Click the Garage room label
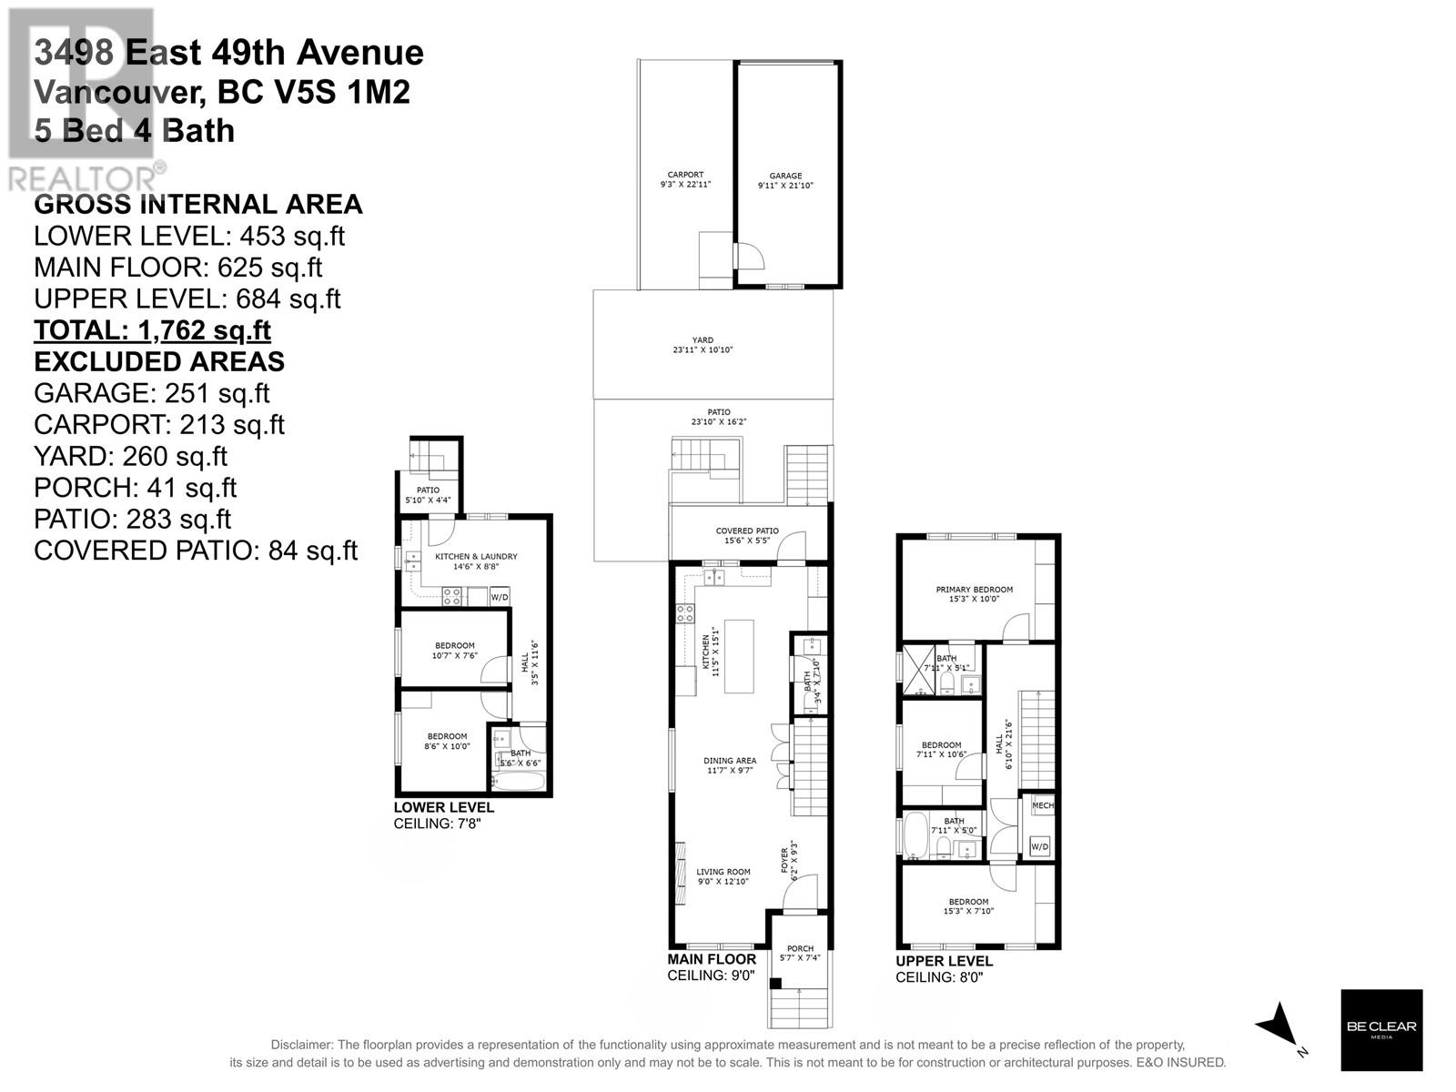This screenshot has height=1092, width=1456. (x=785, y=180)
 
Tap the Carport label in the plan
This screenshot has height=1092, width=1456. (x=685, y=179)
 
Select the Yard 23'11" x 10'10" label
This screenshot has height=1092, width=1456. (x=703, y=345)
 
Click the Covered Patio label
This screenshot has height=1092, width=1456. (x=747, y=536)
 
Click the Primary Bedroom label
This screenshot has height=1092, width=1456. (x=974, y=594)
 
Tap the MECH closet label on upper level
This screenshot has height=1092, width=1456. (x=1042, y=805)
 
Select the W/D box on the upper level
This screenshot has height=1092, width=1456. (x=1039, y=846)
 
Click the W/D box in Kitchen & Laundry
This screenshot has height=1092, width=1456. (x=500, y=598)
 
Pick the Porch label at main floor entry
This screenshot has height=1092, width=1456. (x=800, y=954)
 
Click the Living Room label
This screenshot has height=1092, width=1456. (x=724, y=876)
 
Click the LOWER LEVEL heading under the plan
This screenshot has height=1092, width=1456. (x=443, y=807)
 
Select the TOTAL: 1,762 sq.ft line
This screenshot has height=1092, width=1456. (x=152, y=330)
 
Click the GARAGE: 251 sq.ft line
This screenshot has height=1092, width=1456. (x=152, y=393)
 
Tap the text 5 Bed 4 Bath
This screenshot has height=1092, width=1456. (x=135, y=131)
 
